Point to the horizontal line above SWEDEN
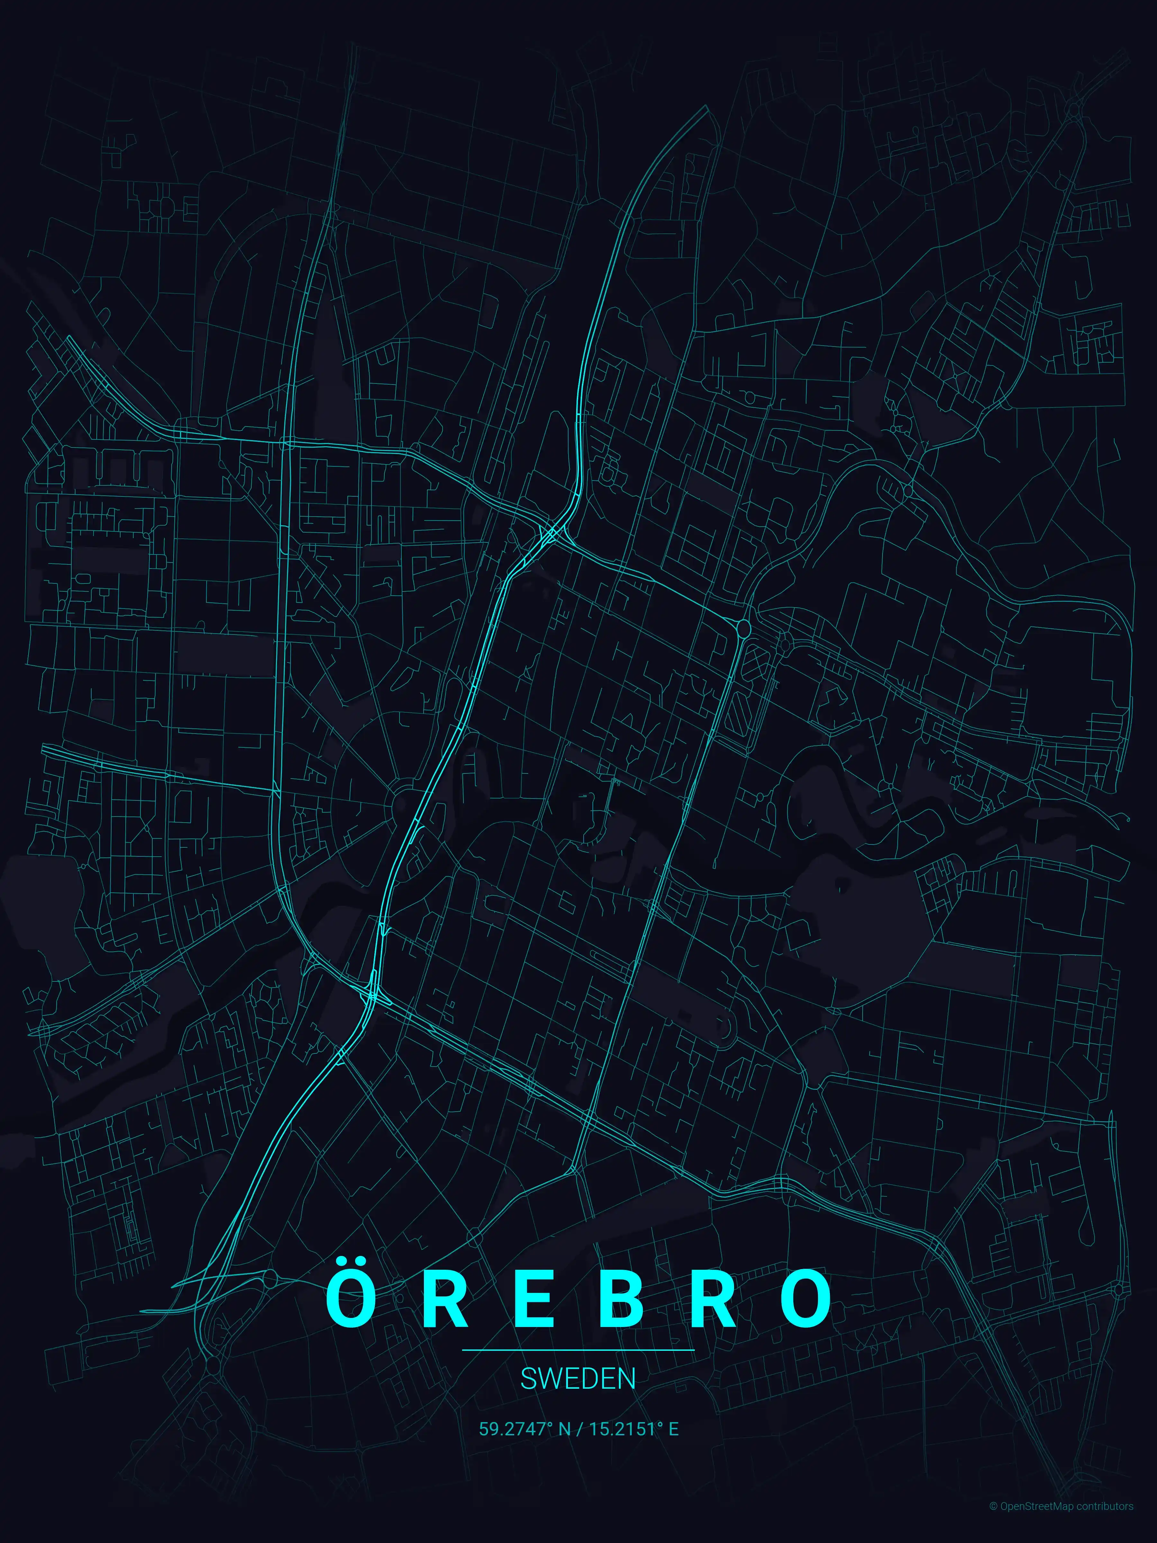[x=578, y=1350]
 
